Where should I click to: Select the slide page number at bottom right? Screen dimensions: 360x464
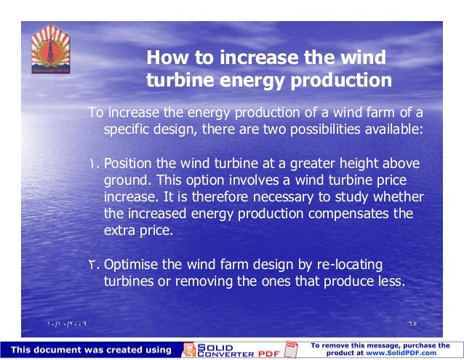point(413,321)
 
